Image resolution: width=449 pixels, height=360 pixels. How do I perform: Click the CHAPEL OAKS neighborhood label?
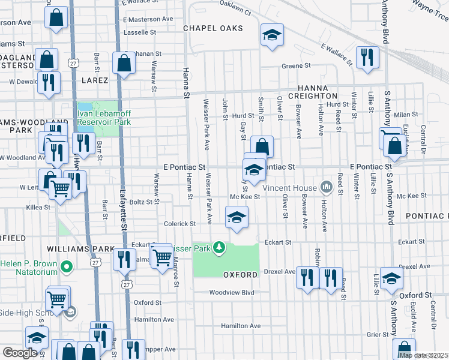click(x=213, y=28)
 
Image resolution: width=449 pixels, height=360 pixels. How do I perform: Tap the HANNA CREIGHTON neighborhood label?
click(x=313, y=91)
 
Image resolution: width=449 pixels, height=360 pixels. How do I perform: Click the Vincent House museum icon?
click(x=326, y=187)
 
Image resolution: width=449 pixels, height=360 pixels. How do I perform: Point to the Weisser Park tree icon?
click(x=220, y=247)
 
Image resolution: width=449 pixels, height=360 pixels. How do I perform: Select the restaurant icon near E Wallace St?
click(x=366, y=58)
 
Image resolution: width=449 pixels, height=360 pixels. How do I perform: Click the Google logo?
click(x=20, y=353)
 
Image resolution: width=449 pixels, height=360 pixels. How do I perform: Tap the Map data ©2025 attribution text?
click(x=423, y=355)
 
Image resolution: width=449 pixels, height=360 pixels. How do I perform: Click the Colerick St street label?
click(x=180, y=224)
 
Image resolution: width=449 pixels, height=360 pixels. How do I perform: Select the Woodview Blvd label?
click(x=231, y=293)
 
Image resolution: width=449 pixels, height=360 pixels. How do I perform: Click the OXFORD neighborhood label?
click(x=240, y=275)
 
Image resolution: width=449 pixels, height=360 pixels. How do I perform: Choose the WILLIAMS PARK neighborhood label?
click(x=86, y=249)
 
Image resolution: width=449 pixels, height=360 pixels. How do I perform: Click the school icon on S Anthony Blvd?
click(x=391, y=279)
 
